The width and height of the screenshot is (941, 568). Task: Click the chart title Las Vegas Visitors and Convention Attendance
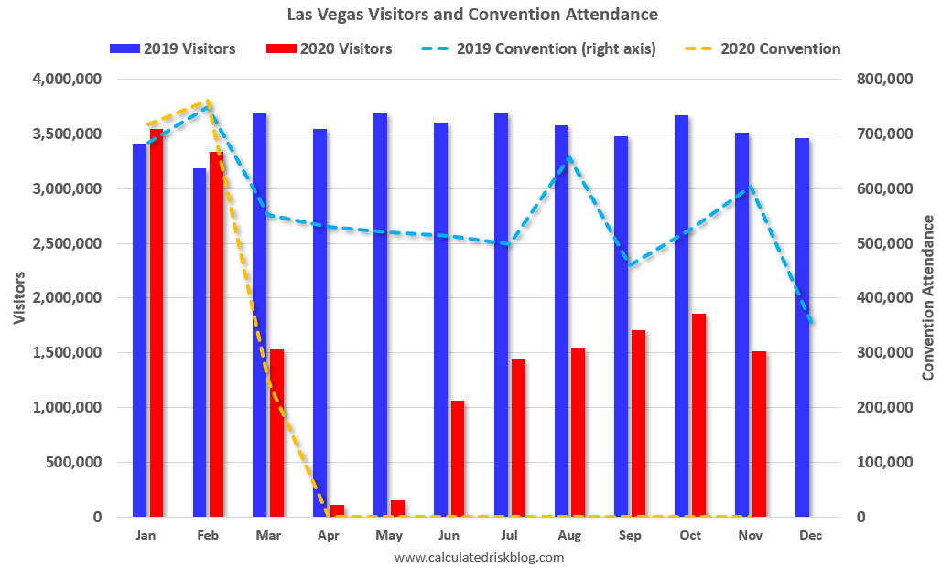click(x=471, y=15)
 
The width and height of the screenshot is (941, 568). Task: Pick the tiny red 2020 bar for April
click(x=337, y=510)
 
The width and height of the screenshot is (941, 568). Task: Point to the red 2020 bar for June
click(x=458, y=458)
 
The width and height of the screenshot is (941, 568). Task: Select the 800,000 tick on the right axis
click(x=883, y=80)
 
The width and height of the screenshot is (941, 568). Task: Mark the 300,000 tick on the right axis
click(x=883, y=353)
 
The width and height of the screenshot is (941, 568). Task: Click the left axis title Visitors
click(x=19, y=298)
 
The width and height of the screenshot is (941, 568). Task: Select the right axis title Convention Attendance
click(x=927, y=298)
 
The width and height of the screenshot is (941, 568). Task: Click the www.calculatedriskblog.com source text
click(x=479, y=556)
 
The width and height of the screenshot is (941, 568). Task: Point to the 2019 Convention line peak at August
click(x=568, y=156)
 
